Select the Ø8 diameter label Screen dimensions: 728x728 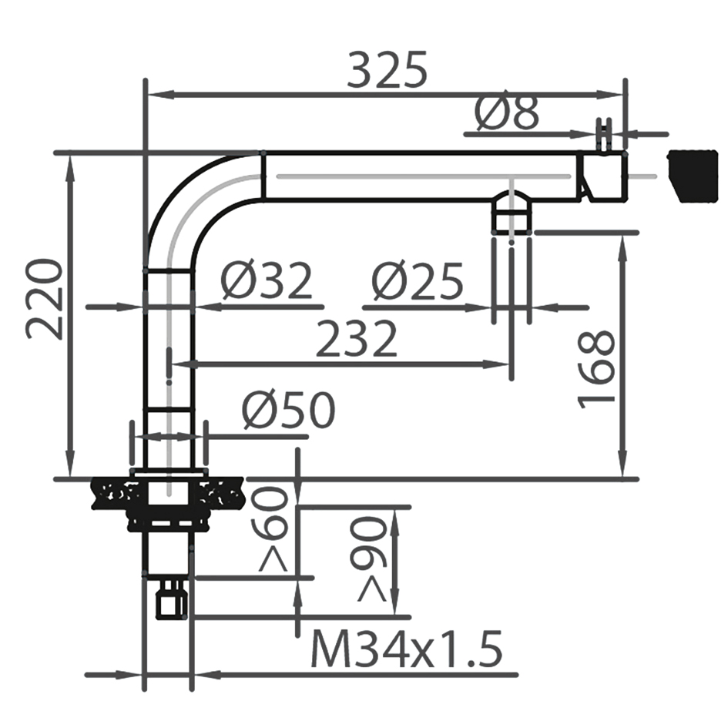506,114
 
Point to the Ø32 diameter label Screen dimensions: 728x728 267,281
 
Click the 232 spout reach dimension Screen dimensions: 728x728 356,340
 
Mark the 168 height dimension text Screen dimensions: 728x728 597,367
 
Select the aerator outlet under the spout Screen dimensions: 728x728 512,213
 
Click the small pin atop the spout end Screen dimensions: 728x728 606,136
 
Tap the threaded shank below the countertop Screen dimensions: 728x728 167,551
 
